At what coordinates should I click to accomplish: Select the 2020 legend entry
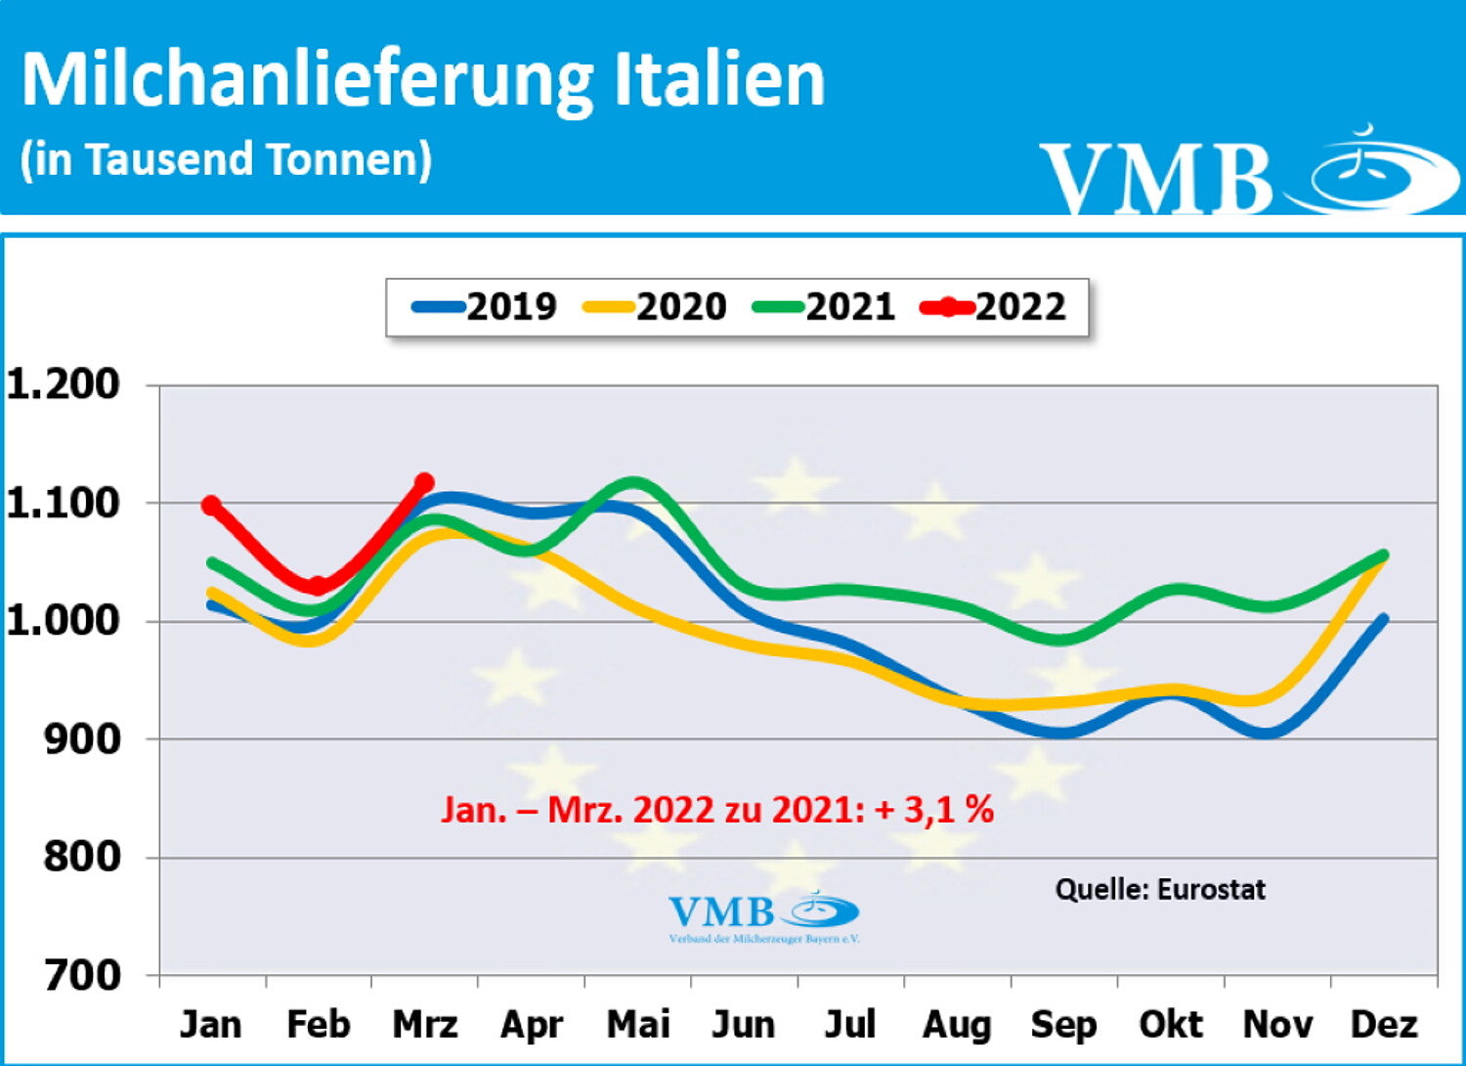click(x=656, y=307)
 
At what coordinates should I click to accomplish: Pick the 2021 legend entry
click(x=825, y=307)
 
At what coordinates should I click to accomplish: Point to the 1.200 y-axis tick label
click(x=64, y=384)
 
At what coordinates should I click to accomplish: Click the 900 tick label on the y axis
click(x=82, y=739)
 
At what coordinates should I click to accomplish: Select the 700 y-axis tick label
click(x=82, y=975)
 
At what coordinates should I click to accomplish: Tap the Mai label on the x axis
click(x=638, y=1025)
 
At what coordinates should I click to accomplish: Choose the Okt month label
click(x=1171, y=1025)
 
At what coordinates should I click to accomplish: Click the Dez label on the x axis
click(x=1383, y=1025)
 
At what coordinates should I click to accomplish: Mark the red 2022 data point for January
click(x=211, y=505)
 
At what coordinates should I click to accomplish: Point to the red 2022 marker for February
click(x=318, y=586)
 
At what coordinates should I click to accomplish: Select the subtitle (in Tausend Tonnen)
click(x=226, y=159)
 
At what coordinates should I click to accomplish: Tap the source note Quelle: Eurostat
click(x=1160, y=889)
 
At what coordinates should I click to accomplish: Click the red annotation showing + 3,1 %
click(x=935, y=810)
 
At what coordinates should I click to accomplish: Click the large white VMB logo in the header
click(x=1249, y=174)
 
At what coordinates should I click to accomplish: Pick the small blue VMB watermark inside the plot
click(x=763, y=915)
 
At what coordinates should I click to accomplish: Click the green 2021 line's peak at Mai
click(x=633, y=482)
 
